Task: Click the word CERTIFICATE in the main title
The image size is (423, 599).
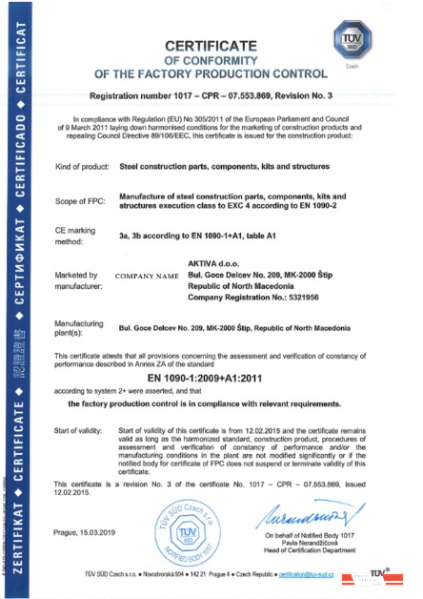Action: pyautogui.click(x=220, y=46)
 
